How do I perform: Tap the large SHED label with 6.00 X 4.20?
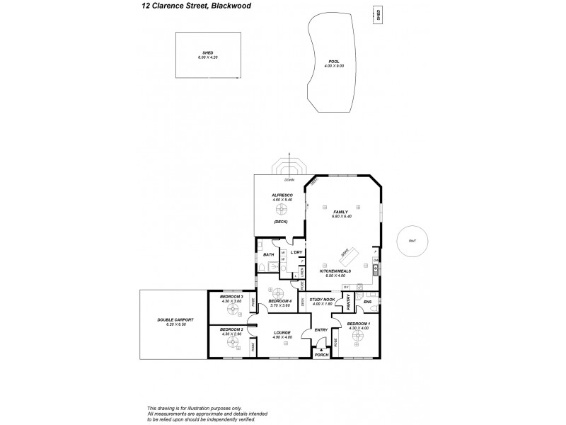(x=207, y=54)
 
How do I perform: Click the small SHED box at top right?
(x=379, y=16)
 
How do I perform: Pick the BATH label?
(x=268, y=254)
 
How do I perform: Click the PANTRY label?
(x=350, y=302)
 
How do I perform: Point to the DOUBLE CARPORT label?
(x=175, y=321)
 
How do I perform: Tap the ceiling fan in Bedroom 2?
(x=231, y=343)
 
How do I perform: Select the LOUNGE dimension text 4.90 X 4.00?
(x=282, y=337)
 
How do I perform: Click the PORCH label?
(x=322, y=356)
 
